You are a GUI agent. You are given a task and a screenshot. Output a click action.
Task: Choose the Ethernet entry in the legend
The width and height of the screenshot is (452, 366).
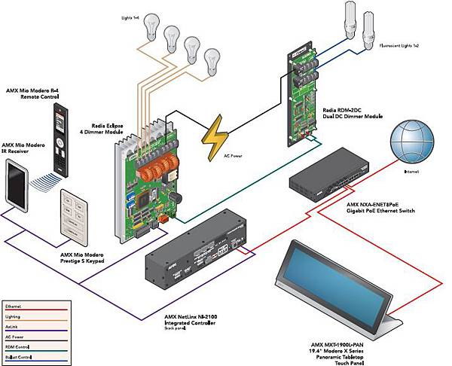[14, 307]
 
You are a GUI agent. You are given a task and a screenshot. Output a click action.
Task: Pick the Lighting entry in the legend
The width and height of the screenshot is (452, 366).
[14, 316]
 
